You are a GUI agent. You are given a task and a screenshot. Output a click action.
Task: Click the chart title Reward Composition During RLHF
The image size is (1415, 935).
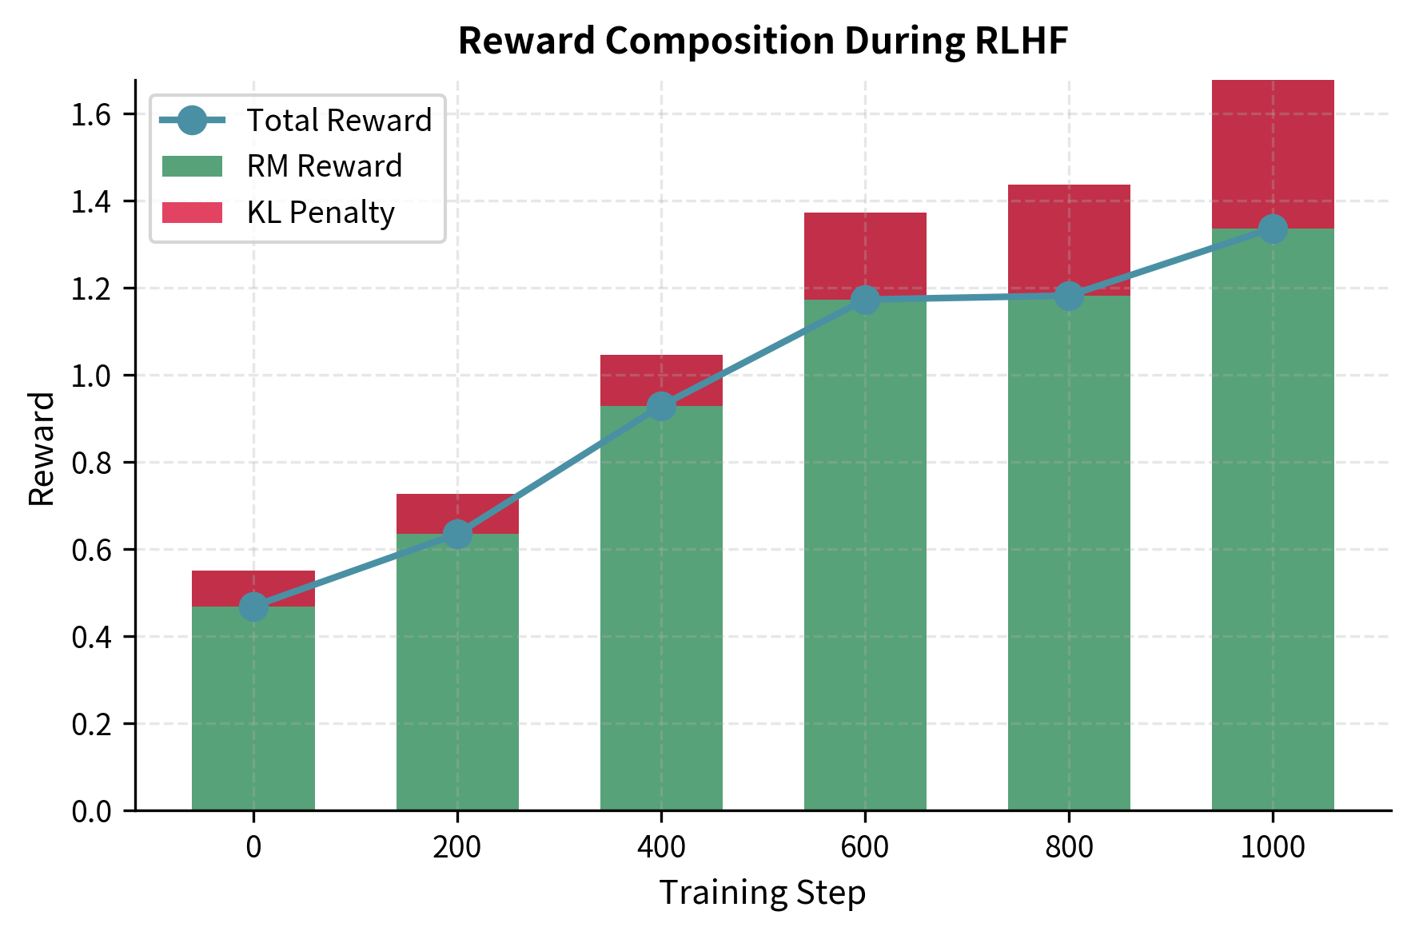[x=763, y=42]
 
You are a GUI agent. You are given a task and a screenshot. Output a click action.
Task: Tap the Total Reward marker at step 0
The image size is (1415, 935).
[x=253, y=607]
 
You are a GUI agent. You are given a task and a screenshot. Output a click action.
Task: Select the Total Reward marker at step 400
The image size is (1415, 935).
[x=661, y=406]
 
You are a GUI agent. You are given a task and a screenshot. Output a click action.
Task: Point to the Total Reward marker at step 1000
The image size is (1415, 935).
[x=1273, y=229]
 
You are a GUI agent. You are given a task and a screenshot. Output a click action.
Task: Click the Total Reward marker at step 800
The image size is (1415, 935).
[x=1069, y=296]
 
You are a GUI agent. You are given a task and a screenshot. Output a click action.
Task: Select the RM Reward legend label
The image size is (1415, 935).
[x=325, y=166]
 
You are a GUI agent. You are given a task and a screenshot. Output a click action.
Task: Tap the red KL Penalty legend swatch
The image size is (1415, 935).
[x=192, y=213]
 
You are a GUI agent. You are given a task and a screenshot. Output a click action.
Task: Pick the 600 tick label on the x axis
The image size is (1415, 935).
[x=865, y=847]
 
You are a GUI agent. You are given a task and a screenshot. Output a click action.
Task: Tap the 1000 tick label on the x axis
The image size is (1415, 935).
[x=1273, y=847]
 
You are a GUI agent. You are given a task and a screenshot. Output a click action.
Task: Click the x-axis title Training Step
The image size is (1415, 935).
[x=763, y=893]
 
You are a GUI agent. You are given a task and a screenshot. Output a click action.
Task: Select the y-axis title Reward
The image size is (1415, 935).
[x=42, y=448]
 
